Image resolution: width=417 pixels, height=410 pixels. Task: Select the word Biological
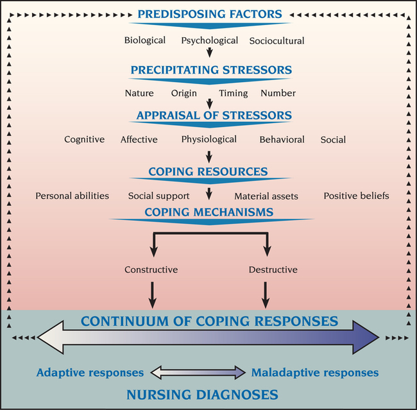tap(144, 40)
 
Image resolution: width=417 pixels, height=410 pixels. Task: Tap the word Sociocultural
tap(277, 40)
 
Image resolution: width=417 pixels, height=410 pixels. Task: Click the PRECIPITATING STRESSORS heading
tap(211, 70)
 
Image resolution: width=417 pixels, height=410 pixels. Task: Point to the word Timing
tap(233, 93)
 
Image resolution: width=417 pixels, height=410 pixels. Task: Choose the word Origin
tap(184, 93)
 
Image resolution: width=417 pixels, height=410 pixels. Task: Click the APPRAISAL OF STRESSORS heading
tap(214, 116)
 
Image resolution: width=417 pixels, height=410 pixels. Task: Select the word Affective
tap(139, 139)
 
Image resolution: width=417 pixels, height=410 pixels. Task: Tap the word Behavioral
tap(282, 139)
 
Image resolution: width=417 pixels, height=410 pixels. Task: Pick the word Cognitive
tap(84, 139)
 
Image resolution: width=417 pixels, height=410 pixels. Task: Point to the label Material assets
tap(266, 196)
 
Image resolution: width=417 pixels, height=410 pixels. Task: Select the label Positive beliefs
tap(356, 196)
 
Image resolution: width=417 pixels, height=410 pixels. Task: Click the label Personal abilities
tap(72, 196)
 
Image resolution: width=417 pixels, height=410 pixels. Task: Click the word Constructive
tap(151, 269)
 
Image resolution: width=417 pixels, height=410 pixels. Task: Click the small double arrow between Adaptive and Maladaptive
tap(198, 372)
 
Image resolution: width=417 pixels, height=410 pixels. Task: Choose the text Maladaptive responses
tap(315, 372)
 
